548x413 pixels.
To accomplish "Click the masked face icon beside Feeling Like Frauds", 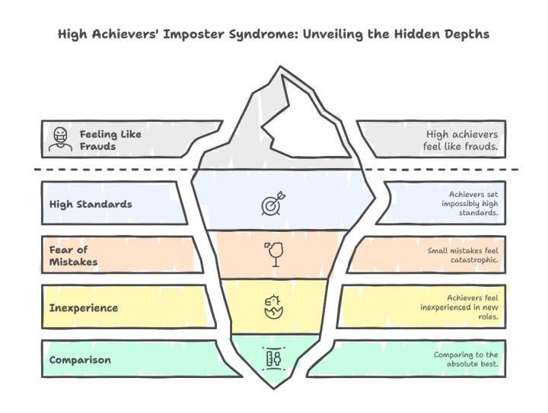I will tap(59, 139).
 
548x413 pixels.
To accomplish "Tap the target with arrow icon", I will tap(272, 205).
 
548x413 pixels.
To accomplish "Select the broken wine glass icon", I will tap(272, 254).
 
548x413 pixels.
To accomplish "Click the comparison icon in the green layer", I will tap(272, 357).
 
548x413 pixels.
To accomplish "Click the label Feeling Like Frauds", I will tap(110, 140).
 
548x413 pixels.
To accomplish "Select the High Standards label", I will tap(91, 204).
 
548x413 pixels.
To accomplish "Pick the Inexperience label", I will tap(84, 307).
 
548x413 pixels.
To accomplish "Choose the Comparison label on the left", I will tap(79, 359).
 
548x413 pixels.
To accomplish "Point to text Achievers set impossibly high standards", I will tap(468, 204).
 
